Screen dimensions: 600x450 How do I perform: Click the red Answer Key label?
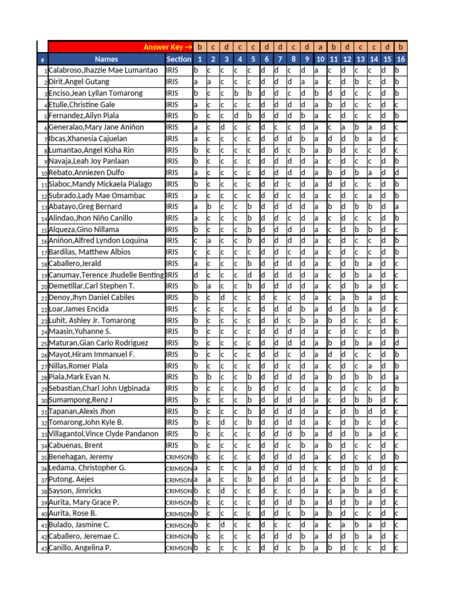pyautogui.click(x=167, y=47)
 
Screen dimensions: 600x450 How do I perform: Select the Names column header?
pyautogui.click(x=106, y=59)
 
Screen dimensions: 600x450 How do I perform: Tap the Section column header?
pyautogui.click(x=179, y=59)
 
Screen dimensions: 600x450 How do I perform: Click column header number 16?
pyautogui.click(x=401, y=59)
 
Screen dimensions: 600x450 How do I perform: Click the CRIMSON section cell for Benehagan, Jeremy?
pyautogui.click(x=179, y=457)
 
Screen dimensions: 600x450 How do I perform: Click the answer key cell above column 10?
pyautogui.click(x=321, y=47)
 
